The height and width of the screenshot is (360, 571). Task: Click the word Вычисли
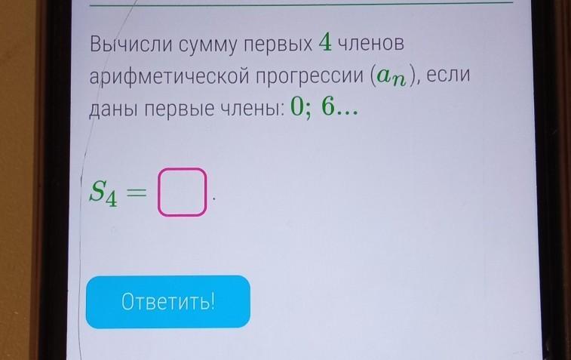(131, 44)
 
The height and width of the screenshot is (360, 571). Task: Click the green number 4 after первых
(325, 42)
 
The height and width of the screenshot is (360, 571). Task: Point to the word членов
(371, 43)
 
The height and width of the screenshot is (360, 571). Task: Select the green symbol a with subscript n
(391, 76)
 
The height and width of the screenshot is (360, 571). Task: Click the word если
(448, 75)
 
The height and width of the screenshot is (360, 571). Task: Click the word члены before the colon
(250, 109)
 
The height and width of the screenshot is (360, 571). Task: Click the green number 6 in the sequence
(328, 107)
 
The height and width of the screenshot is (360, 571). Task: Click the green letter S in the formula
(97, 190)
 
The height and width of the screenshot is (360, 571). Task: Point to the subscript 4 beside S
(112, 199)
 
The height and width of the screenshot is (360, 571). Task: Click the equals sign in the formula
(137, 192)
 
